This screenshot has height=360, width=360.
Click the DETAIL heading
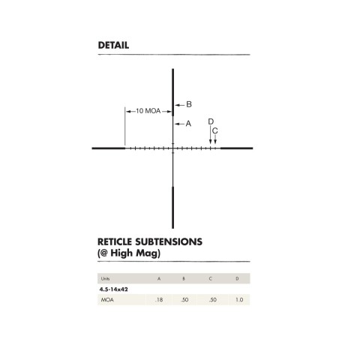tap(113, 45)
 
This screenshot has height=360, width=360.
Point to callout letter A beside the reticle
tap(188, 123)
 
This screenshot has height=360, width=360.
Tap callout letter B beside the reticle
tap(189, 104)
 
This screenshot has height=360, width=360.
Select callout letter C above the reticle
tap(215, 131)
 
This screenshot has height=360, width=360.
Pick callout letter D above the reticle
tap(211, 121)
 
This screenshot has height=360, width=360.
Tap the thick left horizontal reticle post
tap(108, 148)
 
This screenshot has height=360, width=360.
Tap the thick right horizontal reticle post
tap(235, 148)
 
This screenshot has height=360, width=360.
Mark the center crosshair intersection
tap(174, 148)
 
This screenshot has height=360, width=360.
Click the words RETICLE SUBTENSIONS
tap(150, 242)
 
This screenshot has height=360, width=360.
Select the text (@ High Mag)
tap(129, 253)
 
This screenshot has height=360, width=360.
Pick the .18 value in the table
tap(158, 300)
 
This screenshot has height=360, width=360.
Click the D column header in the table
tap(237, 278)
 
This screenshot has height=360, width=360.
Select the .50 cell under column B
tap(184, 300)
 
